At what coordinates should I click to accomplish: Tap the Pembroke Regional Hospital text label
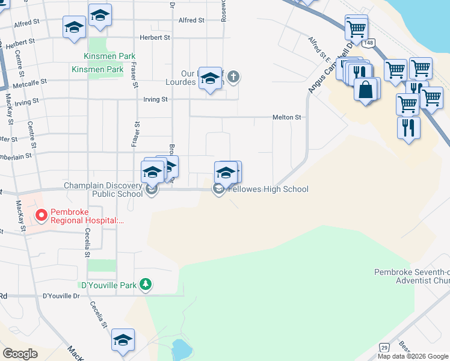pyautogui.click(x=88, y=216)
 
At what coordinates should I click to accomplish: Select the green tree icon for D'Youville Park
pyautogui.click(x=145, y=284)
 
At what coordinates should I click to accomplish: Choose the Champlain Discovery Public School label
pyautogui.click(x=103, y=190)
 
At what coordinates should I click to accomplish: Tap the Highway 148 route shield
pyautogui.click(x=369, y=43)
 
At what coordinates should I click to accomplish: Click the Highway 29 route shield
pyautogui.click(x=384, y=347)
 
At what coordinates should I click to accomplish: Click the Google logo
pyautogui.click(x=20, y=354)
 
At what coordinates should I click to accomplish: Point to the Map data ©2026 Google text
pyautogui.click(x=413, y=356)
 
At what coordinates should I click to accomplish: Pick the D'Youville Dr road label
pyautogui.click(x=61, y=296)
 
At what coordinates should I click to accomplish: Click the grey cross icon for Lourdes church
pyautogui.click(x=233, y=77)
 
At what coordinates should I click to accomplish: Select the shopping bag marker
pyautogui.click(x=366, y=90)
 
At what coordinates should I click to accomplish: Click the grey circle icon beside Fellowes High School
pyautogui.click(x=218, y=190)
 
